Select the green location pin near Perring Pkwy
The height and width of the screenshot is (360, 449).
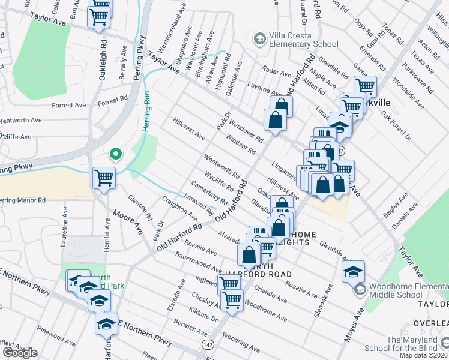pos(115,154)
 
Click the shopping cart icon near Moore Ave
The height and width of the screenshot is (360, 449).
pos(104,178)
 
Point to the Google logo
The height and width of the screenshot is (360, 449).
pos(20,353)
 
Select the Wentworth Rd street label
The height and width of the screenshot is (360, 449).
pos(221,166)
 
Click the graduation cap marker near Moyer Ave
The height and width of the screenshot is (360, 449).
pos(353,271)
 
